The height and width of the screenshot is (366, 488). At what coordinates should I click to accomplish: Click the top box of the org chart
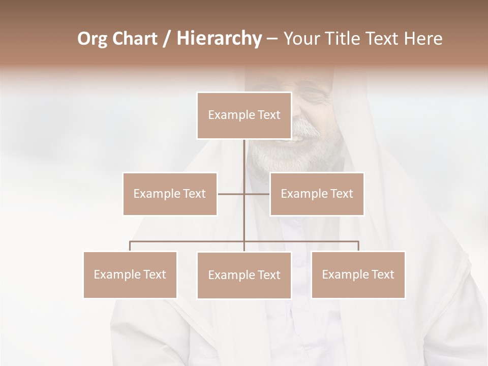tap(244, 115)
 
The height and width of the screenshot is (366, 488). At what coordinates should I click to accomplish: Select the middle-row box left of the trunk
tap(170, 194)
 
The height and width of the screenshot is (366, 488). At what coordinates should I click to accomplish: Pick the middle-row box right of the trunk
tap(317, 194)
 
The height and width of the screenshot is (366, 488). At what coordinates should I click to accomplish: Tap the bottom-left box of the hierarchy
tap(130, 274)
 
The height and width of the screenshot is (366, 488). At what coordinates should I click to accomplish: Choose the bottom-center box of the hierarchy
tap(244, 275)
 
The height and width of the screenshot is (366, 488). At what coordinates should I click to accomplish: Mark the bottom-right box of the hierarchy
tap(358, 274)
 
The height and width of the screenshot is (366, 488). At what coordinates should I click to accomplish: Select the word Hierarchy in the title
tap(219, 39)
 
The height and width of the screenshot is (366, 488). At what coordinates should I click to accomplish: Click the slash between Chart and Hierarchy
tap(166, 39)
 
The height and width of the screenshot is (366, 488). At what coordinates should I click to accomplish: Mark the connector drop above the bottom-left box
tap(130, 246)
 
